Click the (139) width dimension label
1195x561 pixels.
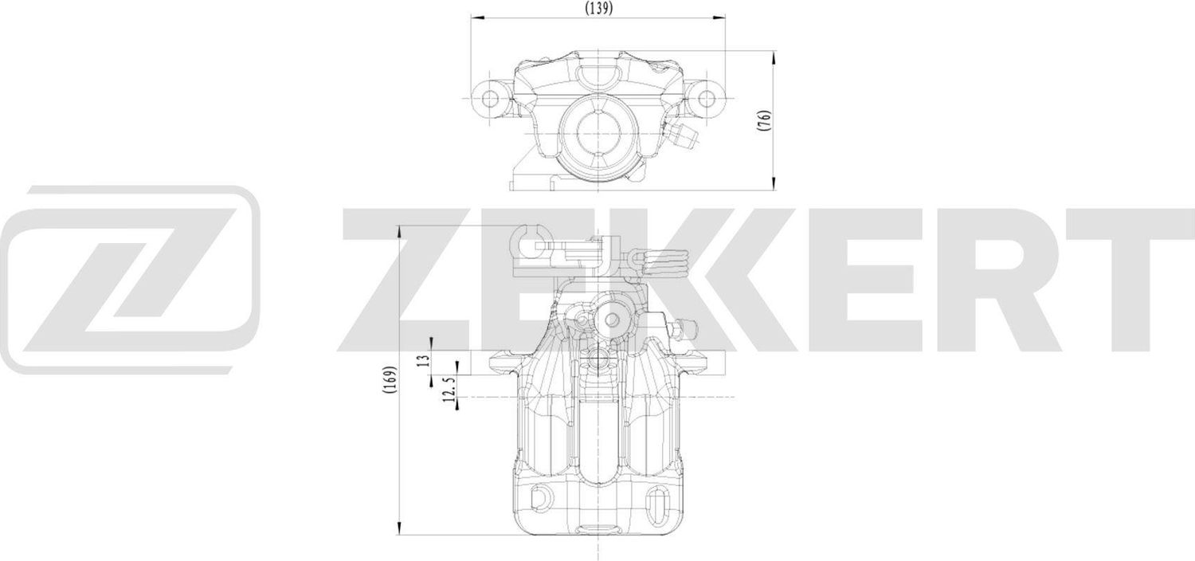pyautogui.click(x=597, y=9)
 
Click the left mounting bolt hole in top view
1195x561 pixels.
pyautogui.click(x=489, y=99)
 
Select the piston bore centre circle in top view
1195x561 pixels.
pyautogui.click(x=597, y=127)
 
